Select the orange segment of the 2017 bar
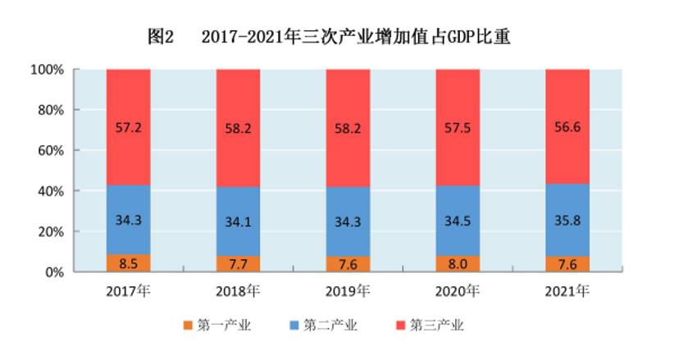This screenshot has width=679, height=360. (128, 263)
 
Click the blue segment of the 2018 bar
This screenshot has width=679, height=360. (238, 221)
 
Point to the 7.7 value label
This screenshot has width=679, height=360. (238, 264)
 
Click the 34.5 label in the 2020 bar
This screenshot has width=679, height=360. (458, 221)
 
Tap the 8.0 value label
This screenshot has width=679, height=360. (458, 264)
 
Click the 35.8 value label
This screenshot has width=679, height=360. (567, 220)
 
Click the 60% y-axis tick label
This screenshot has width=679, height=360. (49, 150)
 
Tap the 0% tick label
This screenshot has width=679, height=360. (52, 271)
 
